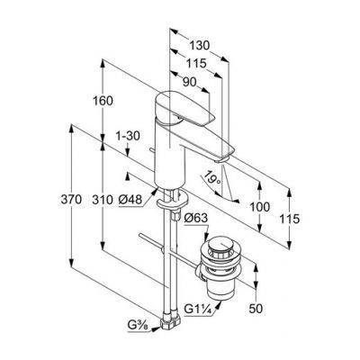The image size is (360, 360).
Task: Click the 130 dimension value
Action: tap(199, 46)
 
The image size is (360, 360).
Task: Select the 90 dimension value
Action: tap(189, 82)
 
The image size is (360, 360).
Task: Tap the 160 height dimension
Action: tap(103, 101)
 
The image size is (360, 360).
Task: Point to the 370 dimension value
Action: tap(71, 200)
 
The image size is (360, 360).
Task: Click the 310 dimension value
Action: tap(103, 200)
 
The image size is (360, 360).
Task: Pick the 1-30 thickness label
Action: tap(128, 136)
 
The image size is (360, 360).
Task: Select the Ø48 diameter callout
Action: tap(130, 200)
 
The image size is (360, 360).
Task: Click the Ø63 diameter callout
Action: tap(195, 218)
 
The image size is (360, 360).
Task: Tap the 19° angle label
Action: tap(212, 177)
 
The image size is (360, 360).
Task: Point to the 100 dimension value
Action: tap(260, 207)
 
